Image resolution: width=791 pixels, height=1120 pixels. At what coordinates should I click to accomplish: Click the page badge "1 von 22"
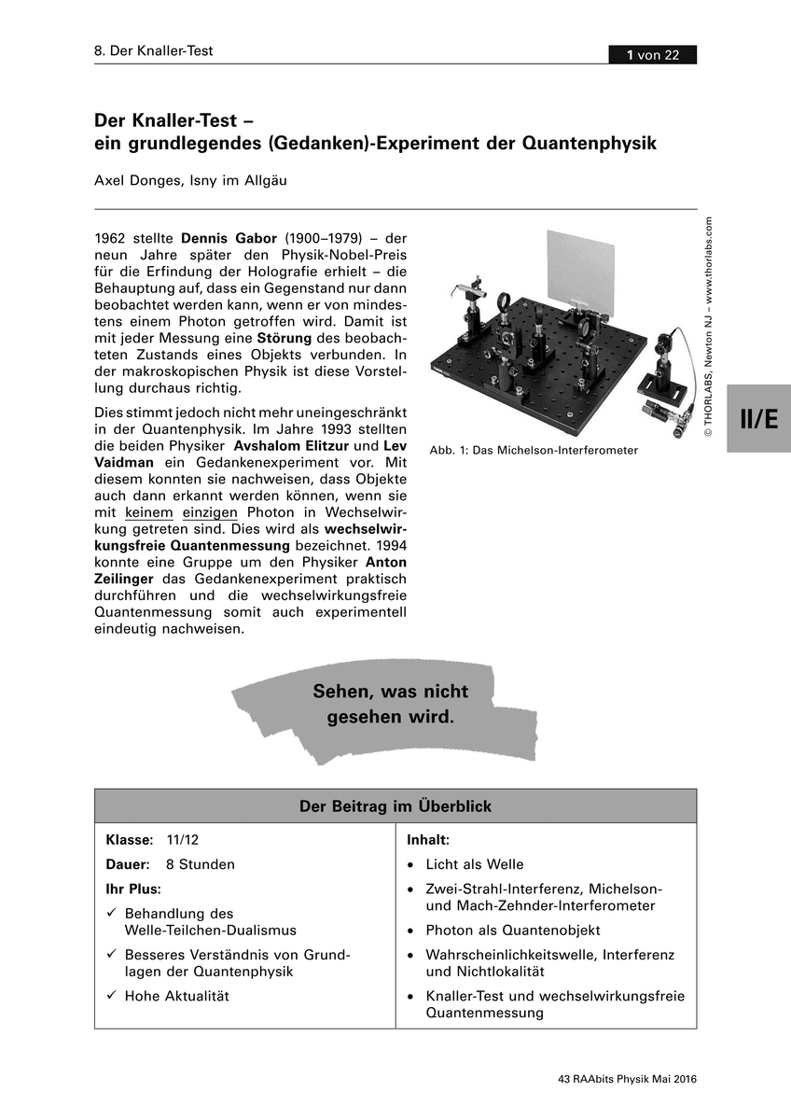click(652, 55)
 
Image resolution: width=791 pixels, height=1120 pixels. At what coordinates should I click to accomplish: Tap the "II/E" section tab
click(758, 419)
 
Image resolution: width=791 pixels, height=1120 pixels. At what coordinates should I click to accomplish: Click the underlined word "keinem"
click(149, 513)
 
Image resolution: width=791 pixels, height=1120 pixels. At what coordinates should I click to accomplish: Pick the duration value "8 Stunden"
click(200, 864)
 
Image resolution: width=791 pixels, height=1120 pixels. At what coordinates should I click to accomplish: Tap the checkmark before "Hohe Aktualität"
click(111, 996)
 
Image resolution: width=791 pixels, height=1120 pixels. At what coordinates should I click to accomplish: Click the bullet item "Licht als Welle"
click(475, 864)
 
